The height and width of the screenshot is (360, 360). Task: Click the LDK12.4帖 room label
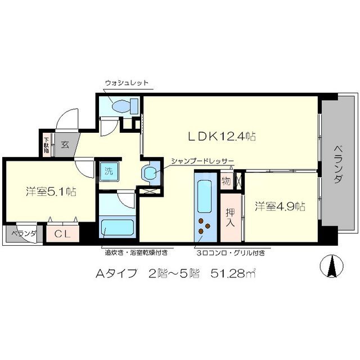(x=222, y=136)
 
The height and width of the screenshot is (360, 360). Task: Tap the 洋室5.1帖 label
(x=51, y=191)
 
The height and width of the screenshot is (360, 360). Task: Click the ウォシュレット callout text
(x=126, y=83)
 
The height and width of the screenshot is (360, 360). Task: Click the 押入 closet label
(x=230, y=217)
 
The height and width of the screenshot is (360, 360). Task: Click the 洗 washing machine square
(x=106, y=172)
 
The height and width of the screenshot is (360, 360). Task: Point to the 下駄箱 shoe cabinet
(x=46, y=144)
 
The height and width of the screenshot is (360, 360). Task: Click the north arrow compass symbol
(x=332, y=265)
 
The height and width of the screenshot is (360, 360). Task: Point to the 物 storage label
(x=226, y=181)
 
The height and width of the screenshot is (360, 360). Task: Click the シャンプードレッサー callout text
(x=202, y=160)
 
